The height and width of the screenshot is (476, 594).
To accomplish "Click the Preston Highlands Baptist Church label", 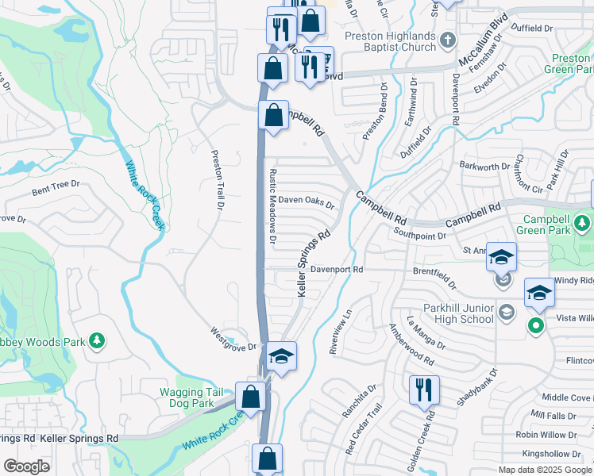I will (390, 41).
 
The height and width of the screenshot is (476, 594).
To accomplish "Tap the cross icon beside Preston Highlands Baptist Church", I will (449, 40).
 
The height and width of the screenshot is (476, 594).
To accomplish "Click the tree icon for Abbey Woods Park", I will (97, 340).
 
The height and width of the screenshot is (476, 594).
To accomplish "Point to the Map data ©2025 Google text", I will (544, 470).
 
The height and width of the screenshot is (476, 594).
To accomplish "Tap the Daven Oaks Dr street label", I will (306, 203).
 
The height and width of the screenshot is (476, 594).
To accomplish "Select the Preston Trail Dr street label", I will (215, 180).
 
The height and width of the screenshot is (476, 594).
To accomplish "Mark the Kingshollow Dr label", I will (546, 454).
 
